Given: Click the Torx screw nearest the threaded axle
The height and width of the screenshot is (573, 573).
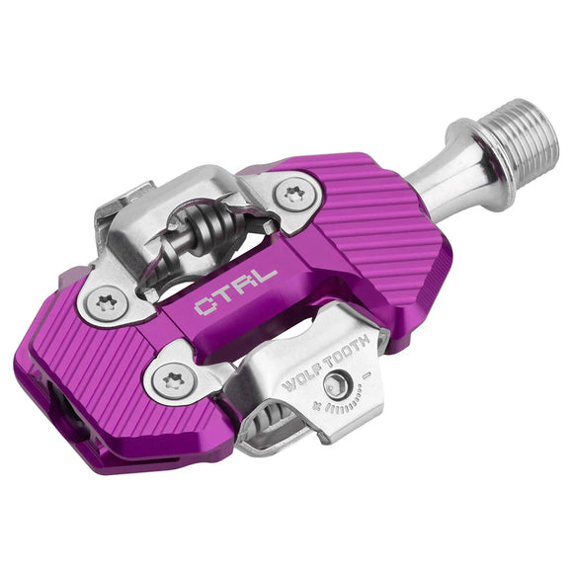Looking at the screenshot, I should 293,193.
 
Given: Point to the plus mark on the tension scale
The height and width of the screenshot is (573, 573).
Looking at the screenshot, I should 317,406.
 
